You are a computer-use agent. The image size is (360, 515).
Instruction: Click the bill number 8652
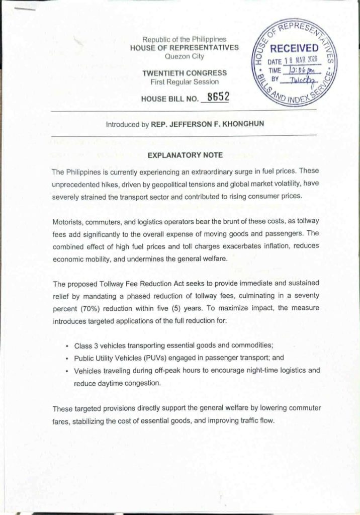coord(215,98)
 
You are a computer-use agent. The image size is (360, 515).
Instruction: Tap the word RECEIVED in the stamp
coord(294,48)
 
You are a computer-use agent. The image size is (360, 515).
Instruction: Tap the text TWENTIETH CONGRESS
coord(185,73)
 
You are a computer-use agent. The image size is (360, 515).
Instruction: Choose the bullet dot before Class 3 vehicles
coord(67,348)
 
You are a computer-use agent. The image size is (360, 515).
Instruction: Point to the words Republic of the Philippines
coord(185,39)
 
